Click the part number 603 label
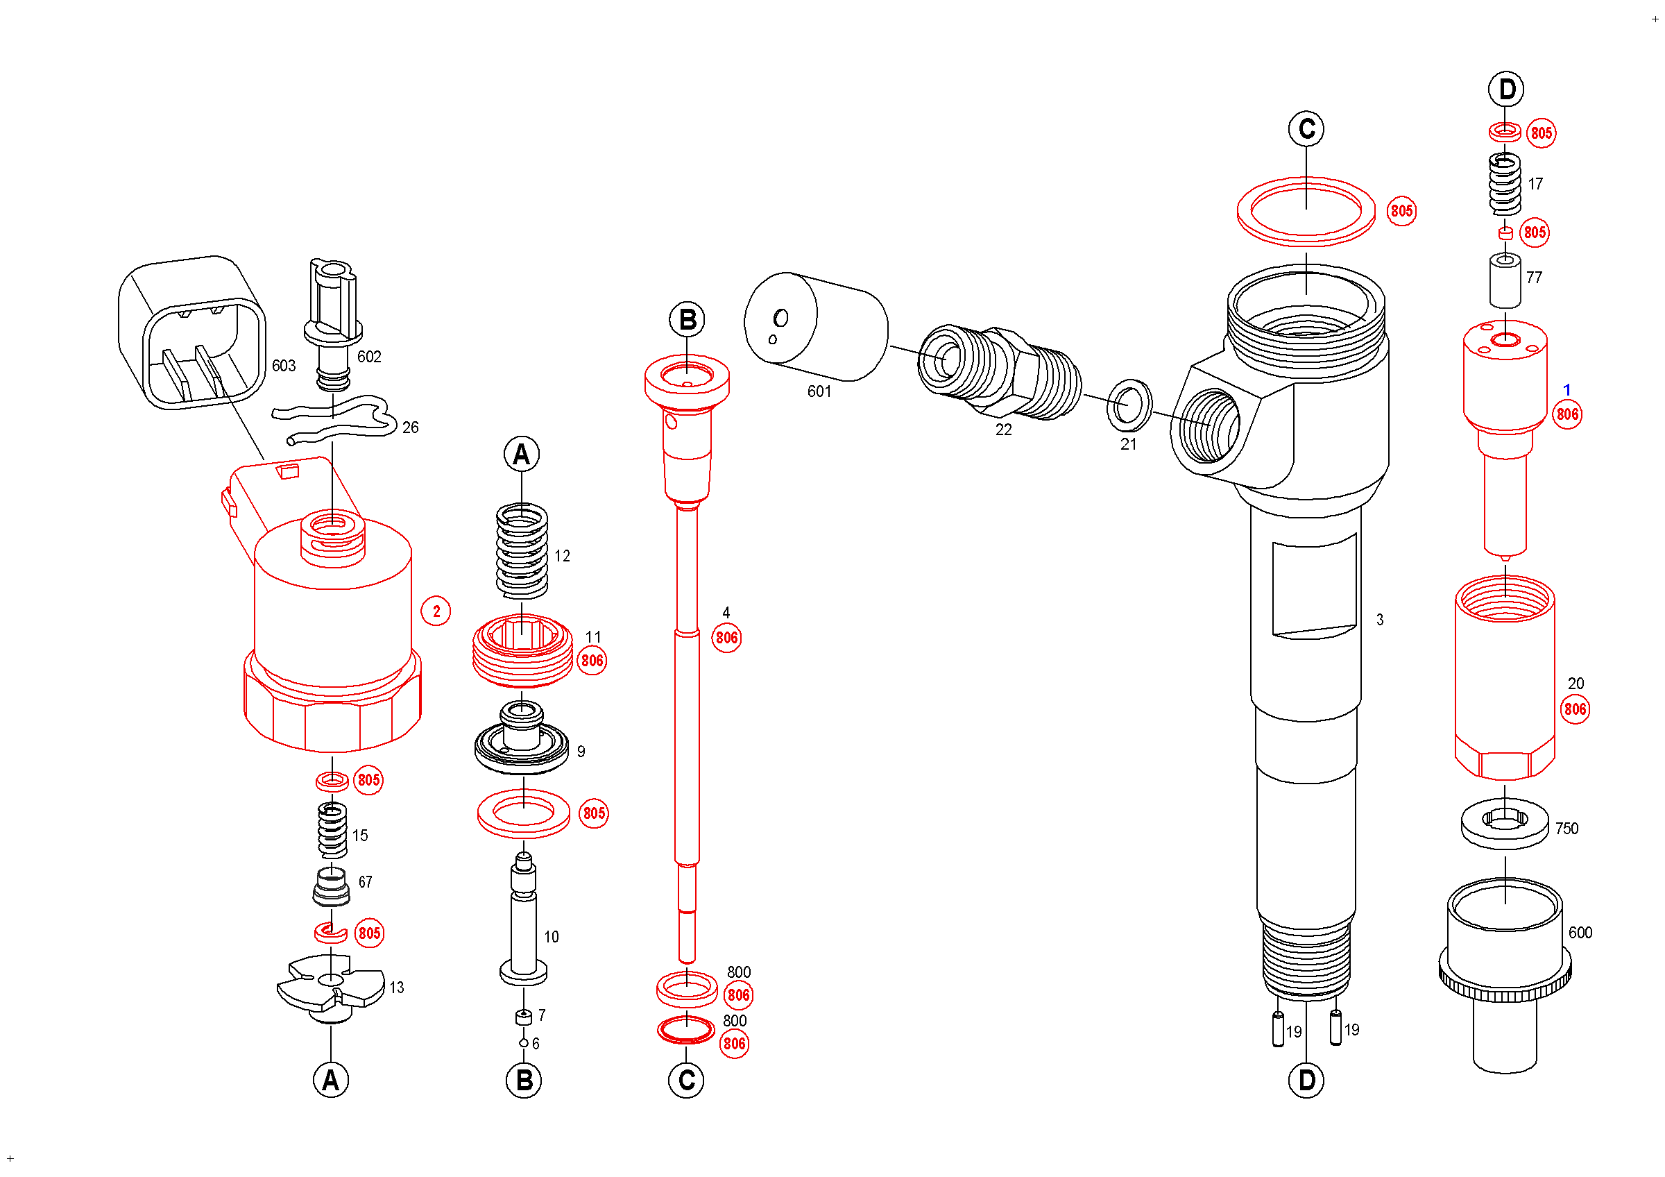point(284,366)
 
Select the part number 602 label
point(369,357)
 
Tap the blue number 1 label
point(1566,390)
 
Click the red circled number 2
point(436,611)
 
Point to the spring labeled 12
point(522,551)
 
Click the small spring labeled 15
point(332,831)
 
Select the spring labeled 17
point(1505,184)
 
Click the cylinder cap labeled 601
point(816,326)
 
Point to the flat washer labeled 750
point(1505,822)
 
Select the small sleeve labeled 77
point(1505,280)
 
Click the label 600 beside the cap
point(1581,933)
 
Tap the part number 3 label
point(1380,620)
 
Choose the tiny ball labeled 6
point(524,1043)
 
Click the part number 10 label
point(551,937)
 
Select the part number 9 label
point(581,752)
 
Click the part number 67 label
point(366,883)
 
